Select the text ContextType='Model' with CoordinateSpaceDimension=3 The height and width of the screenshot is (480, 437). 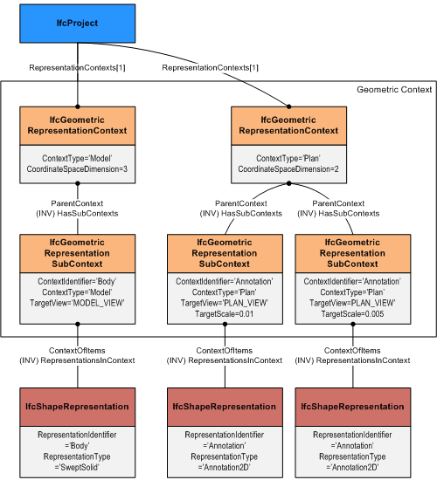point(78,161)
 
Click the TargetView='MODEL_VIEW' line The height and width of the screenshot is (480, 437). point(78,303)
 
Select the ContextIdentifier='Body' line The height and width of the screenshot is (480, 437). point(78,282)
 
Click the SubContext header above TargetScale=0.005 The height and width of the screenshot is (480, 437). point(353,252)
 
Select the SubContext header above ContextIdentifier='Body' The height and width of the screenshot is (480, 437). point(78,252)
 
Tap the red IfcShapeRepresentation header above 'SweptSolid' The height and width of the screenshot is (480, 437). point(78,407)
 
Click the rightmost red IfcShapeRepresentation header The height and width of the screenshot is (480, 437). point(353,407)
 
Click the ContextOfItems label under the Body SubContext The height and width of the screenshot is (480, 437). point(78,350)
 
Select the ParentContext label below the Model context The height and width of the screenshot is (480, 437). point(78,202)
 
